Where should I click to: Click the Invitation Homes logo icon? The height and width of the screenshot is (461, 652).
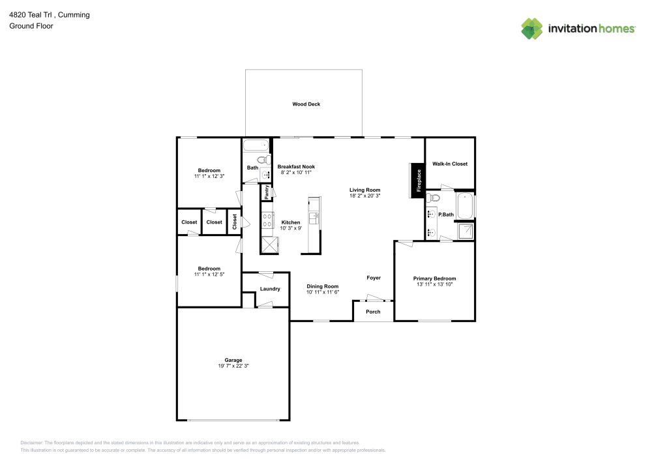[x=532, y=28]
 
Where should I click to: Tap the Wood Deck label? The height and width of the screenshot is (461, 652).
[x=306, y=104]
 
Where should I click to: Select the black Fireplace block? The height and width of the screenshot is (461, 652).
[x=417, y=180]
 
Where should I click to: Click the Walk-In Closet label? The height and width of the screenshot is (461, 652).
[x=450, y=164]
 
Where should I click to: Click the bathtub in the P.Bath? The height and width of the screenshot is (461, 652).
[x=465, y=206]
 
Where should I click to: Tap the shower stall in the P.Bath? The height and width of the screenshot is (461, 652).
[x=466, y=231]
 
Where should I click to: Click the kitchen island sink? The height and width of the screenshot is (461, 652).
[x=314, y=218]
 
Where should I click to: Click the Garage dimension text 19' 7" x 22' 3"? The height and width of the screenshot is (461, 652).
[x=233, y=366]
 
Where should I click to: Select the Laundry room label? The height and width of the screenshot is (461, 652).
[x=270, y=289]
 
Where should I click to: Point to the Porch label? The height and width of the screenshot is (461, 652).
[x=373, y=312]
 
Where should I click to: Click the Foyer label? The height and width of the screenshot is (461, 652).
[x=374, y=278]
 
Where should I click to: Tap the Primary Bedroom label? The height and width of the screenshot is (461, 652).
[x=435, y=278]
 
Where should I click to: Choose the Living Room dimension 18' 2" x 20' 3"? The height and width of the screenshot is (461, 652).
[x=364, y=195]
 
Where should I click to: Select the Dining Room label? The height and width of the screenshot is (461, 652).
[x=323, y=286]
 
